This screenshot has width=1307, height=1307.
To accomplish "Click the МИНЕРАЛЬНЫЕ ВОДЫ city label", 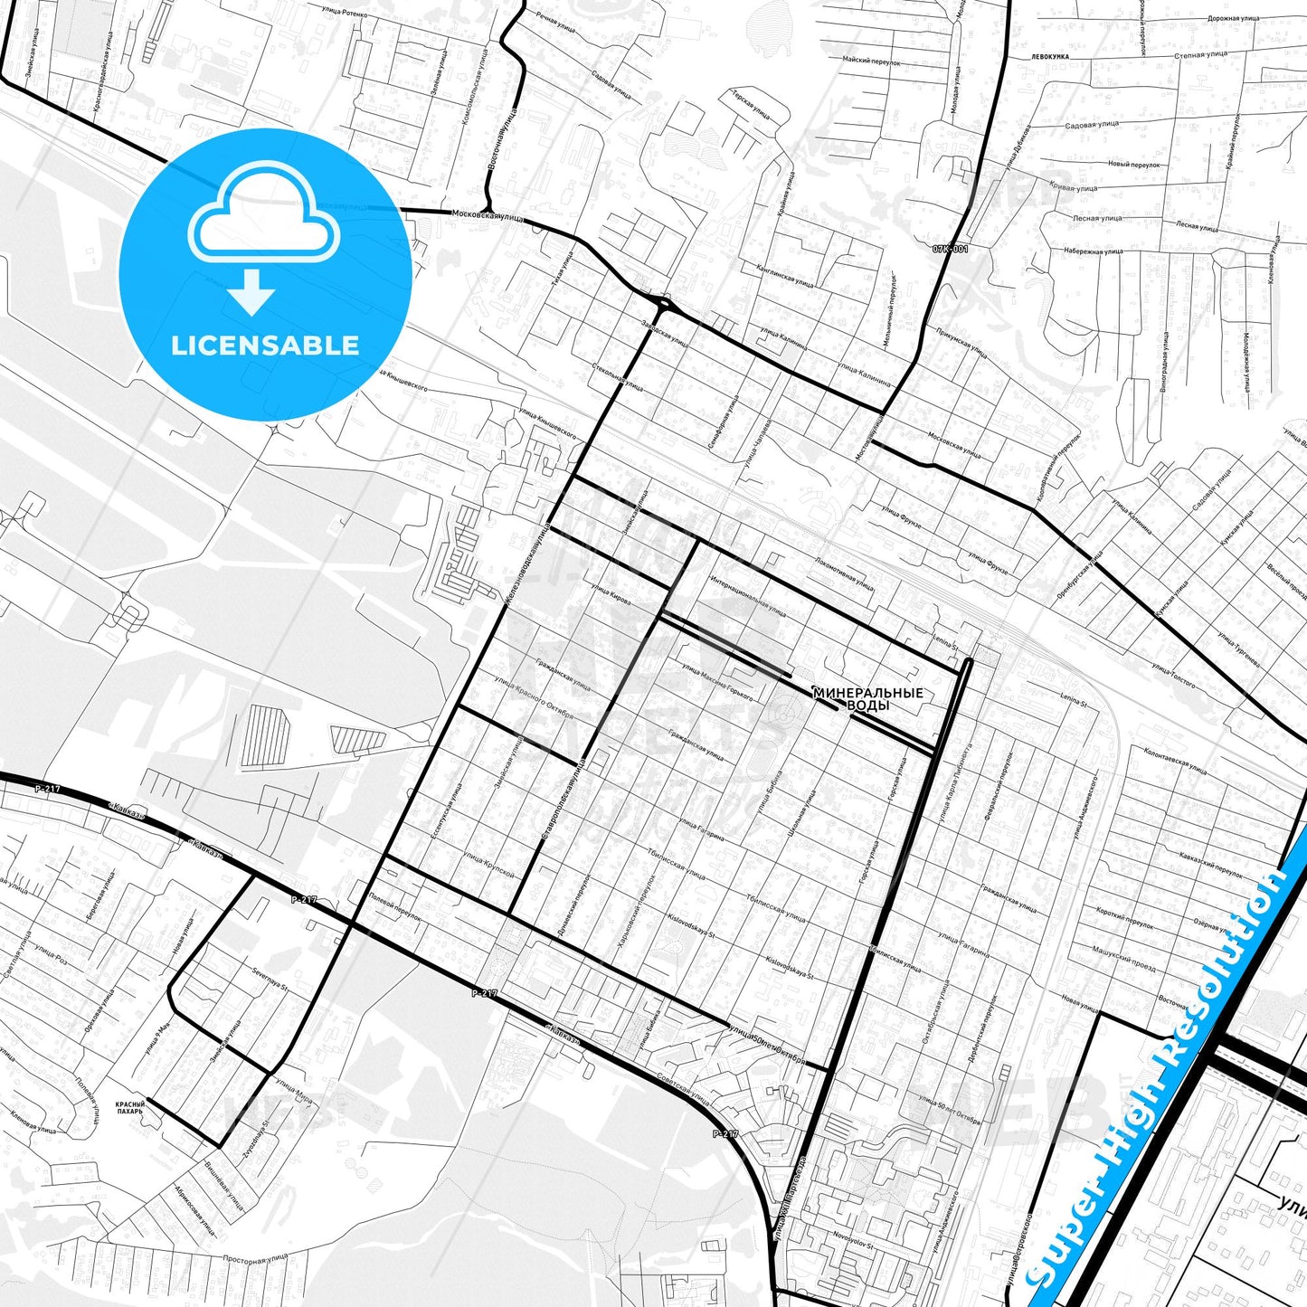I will pyautogui.click(x=867, y=698).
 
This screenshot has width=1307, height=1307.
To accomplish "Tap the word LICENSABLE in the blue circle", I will pyautogui.click(x=265, y=346).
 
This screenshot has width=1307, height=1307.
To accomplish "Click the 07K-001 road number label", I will pyautogui.click(x=950, y=249).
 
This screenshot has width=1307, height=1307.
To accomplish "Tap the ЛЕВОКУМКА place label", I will pyautogui.click(x=1049, y=56).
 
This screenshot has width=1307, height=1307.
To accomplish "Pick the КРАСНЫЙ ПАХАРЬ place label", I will pyautogui.click(x=129, y=1107).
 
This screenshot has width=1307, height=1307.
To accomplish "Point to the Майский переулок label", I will pyautogui.click(x=871, y=61).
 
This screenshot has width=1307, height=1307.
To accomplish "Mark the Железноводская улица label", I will pyautogui.click(x=526, y=562).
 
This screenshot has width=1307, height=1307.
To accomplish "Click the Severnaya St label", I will pyautogui.click(x=269, y=979).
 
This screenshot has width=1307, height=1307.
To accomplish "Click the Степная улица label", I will pyautogui.click(x=1200, y=54).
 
